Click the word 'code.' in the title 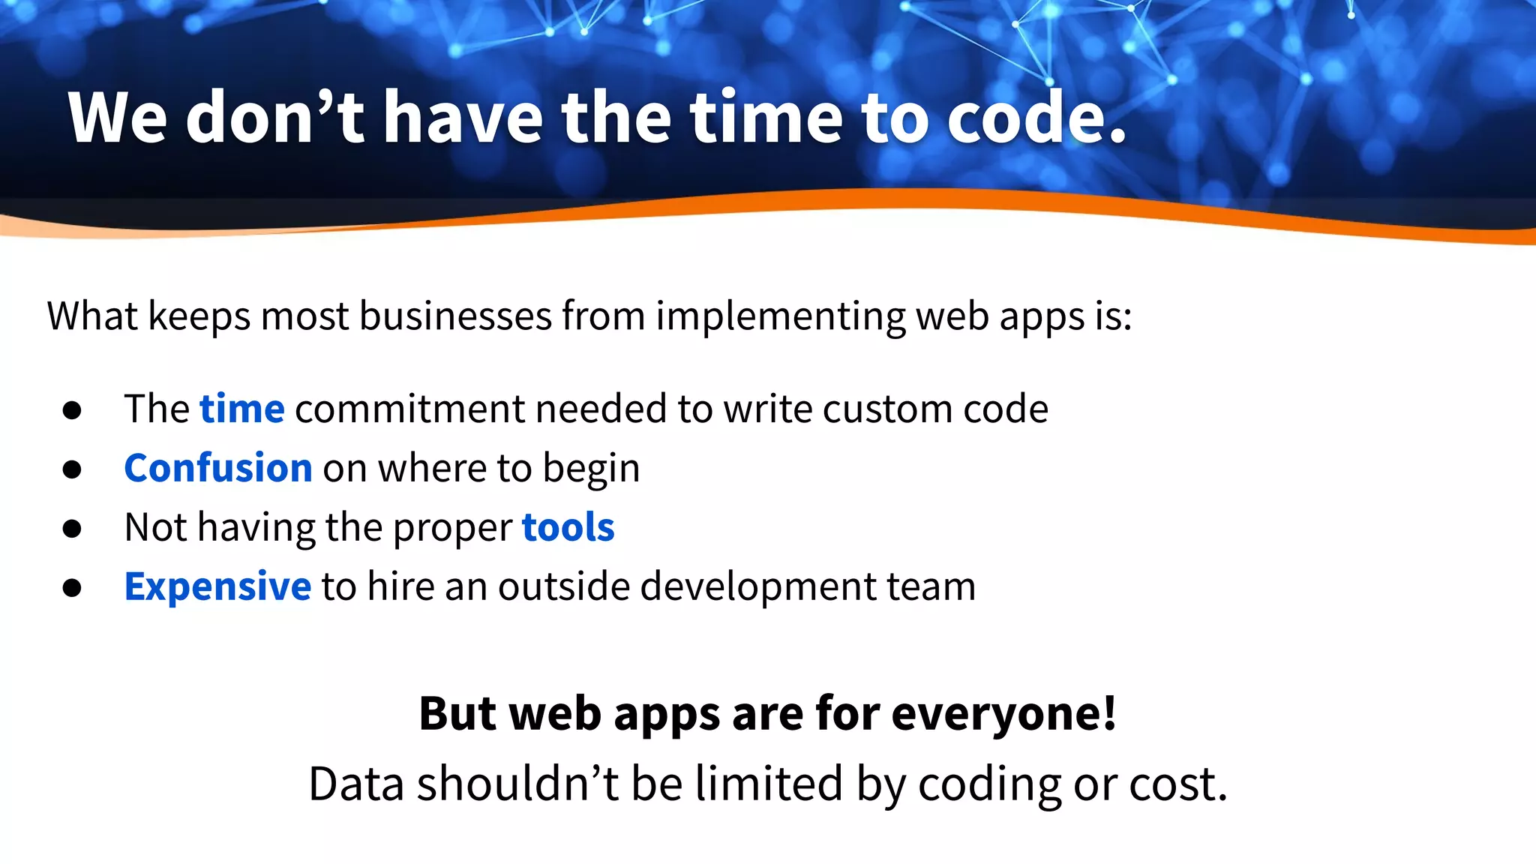click(1036, 118)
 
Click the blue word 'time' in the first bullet click(241, 409)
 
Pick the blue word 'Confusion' click(217, 468)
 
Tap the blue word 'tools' click(568, 527)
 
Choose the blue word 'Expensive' click(217, 586)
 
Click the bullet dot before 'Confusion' click(72, 469)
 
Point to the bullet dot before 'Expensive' click(72, 588)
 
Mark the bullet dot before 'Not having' click(72, 529)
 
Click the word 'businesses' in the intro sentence click(455, 316)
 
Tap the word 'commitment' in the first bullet click(410, 409)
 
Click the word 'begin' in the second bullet click(591, 469)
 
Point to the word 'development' click(758, 586)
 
